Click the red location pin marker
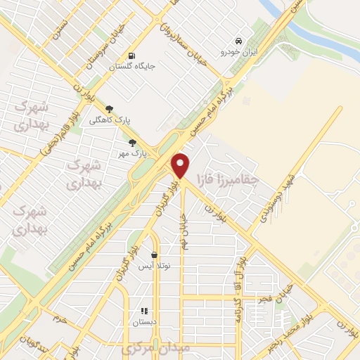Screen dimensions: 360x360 (x=181, y=165)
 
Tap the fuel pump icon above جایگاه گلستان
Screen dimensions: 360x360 (x=131, y=56)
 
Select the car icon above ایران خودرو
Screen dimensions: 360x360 (x=240, y=41)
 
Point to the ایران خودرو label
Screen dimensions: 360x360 (x=240, y=52)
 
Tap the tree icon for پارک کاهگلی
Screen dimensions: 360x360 (x=108, y=109)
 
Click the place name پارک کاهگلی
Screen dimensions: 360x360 (x=106, y=120)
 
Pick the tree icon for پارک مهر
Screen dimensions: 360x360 (x=133, y=142)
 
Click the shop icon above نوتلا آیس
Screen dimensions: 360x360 (x=154, y=255)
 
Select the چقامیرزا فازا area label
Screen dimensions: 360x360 (x=228, y=180)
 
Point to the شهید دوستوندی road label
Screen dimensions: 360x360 (x=276, y=198)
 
